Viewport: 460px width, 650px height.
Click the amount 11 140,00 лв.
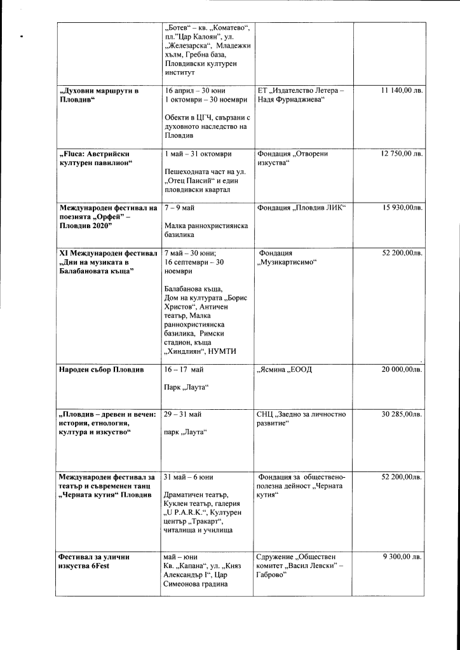pos(402,91)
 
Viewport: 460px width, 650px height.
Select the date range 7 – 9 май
pos(179,208)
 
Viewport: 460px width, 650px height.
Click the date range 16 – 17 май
pos(184,370)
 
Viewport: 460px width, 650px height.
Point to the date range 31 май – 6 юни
pos(188,477)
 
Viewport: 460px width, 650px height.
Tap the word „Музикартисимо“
pos(287,262)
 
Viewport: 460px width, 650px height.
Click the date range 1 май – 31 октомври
pos(198,154)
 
